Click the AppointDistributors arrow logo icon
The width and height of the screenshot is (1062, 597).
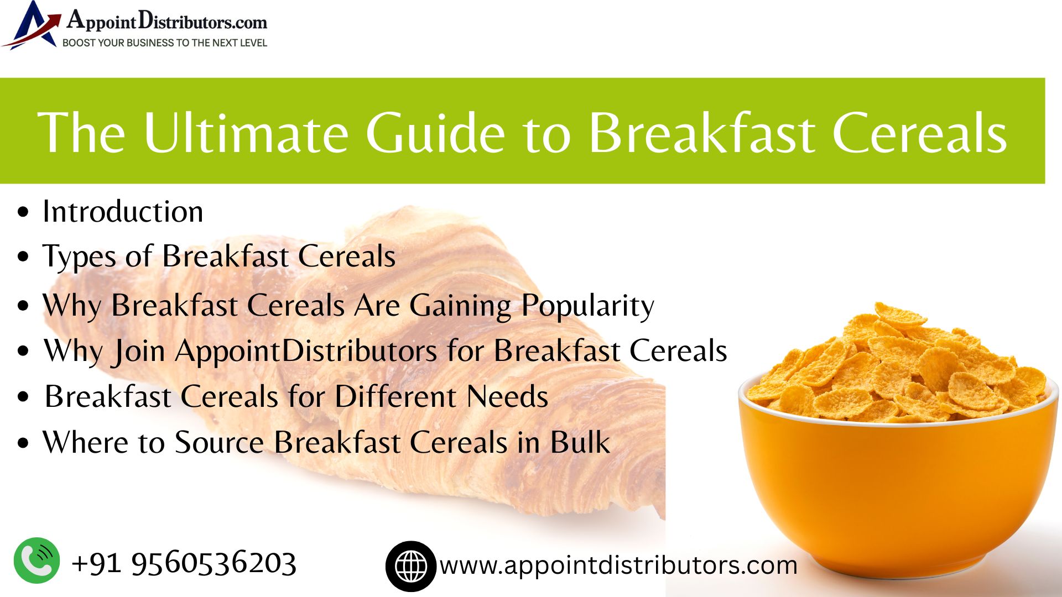[x=32, y=25]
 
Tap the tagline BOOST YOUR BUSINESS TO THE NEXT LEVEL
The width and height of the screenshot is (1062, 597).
[x=165, y=43]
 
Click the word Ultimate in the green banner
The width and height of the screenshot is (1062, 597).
[x=246, y=132]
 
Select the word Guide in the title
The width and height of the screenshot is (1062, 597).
[x=435, y=132]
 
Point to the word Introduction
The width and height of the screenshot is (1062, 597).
[x=123, y=212]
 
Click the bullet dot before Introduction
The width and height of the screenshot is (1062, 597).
[x=23, y=213]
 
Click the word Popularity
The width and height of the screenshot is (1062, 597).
[x=587, y=306]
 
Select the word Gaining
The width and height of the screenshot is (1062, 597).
[x=460, y=306]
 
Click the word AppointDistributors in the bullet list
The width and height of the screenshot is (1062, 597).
[x=306, y=351]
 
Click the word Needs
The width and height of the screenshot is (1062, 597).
[x=507, y=396]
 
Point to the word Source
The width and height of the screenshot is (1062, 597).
[x=219, y=442]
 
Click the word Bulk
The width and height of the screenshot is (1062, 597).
[x=580, y=442]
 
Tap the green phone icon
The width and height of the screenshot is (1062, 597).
[x=37, y=561]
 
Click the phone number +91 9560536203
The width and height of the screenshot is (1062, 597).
[x=184, y=563]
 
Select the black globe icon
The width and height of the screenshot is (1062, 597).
[x=411, y=566]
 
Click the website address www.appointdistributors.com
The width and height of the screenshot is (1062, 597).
[x=618, y=565]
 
